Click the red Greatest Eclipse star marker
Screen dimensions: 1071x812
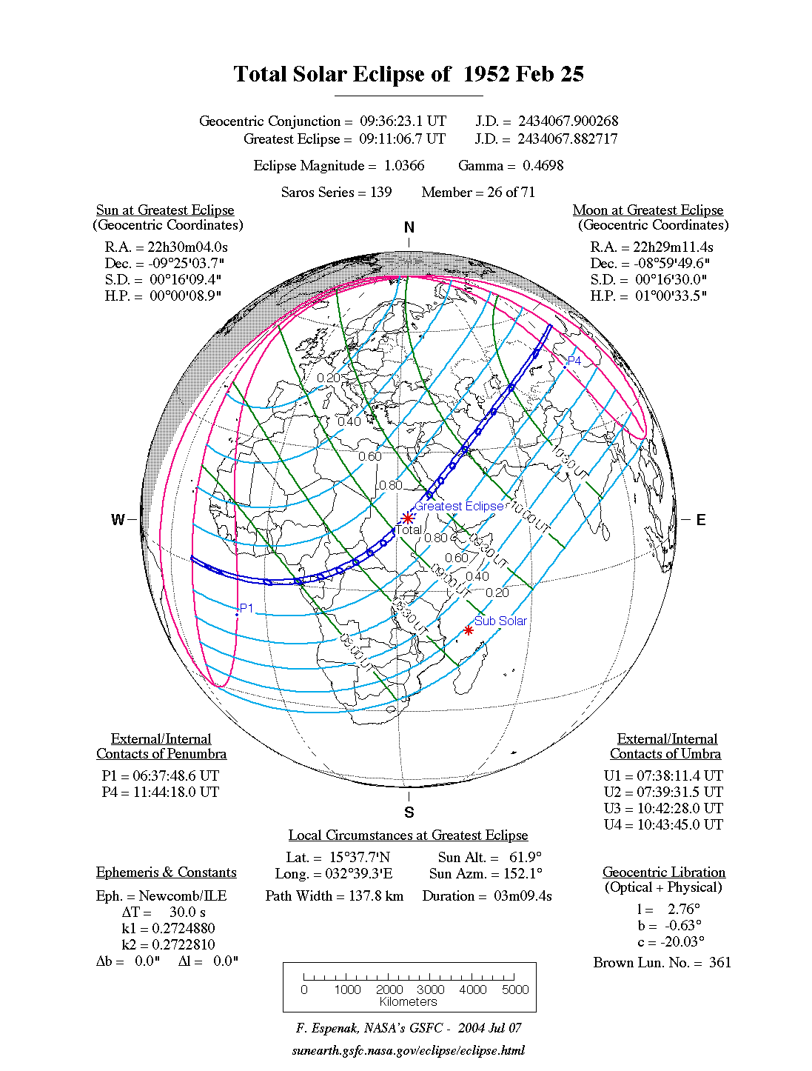coord(407,518)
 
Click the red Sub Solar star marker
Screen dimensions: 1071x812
coord(468,630)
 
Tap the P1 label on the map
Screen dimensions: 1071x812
coord(246,608)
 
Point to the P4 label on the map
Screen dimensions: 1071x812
coord(574,361)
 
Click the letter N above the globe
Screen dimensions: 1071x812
coord(409,227)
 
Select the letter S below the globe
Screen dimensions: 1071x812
coord(409,813)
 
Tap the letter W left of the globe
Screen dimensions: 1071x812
coord(118,520)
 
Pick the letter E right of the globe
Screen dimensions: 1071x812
coord(700,520)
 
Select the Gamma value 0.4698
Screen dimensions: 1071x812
coord(543,166)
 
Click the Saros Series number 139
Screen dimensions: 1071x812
coord(380,193)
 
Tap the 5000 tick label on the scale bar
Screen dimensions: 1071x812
coord(515,990)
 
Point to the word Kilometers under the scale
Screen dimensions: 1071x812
coord(409,1002)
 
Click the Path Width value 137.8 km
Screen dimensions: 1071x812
coord(376,896)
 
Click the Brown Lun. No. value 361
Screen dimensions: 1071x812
coord(719,963)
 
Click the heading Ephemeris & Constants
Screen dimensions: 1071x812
coord(167,873)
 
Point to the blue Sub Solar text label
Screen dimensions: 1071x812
coord(501,621)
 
